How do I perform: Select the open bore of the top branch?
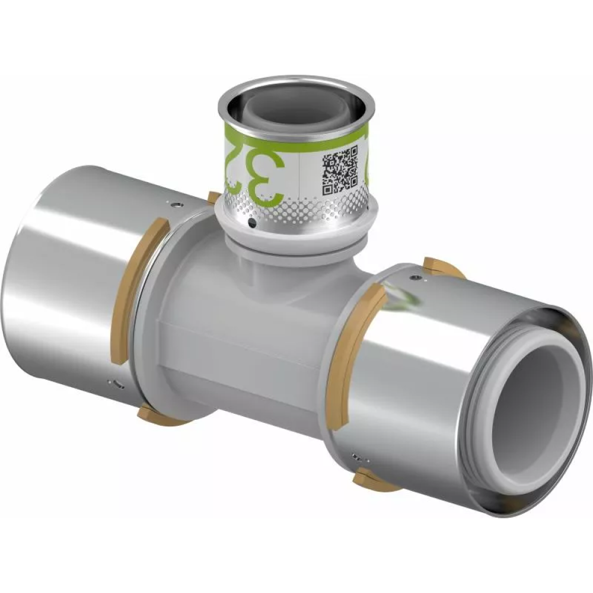296,105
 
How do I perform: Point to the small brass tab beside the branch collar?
213,197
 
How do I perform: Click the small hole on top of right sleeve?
418,277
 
